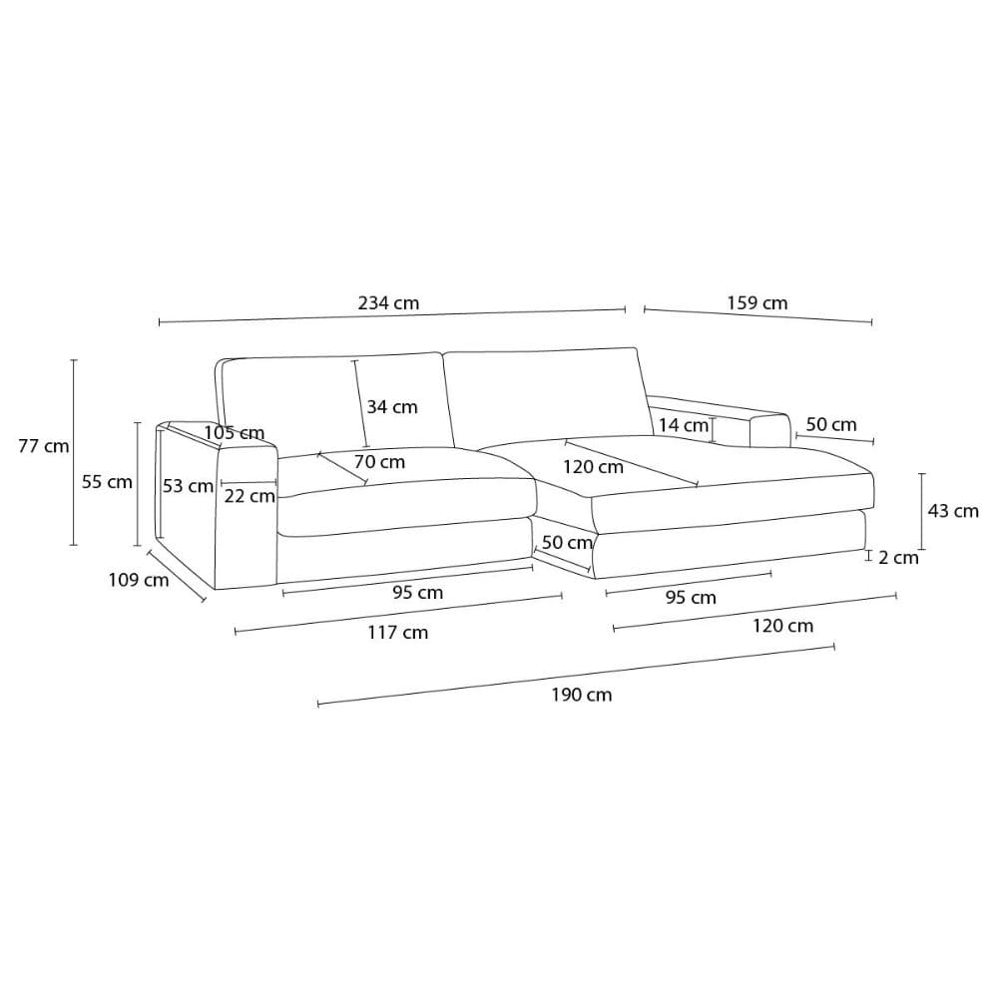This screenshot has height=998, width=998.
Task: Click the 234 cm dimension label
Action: point(388,303)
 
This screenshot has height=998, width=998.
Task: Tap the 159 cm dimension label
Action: point(757,303)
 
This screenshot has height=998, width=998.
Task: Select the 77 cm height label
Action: point(43,446)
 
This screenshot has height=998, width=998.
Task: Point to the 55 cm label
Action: point(107,482)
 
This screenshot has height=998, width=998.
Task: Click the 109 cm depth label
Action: point(139,580)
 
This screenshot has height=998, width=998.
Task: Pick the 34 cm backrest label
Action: point(392,407)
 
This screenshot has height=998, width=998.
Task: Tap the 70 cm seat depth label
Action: point(379,461)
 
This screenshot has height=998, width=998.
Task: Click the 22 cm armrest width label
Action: point(249,496)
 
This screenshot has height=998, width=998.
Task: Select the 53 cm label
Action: point(188,486)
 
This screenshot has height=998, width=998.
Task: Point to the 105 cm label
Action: point(235,433)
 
